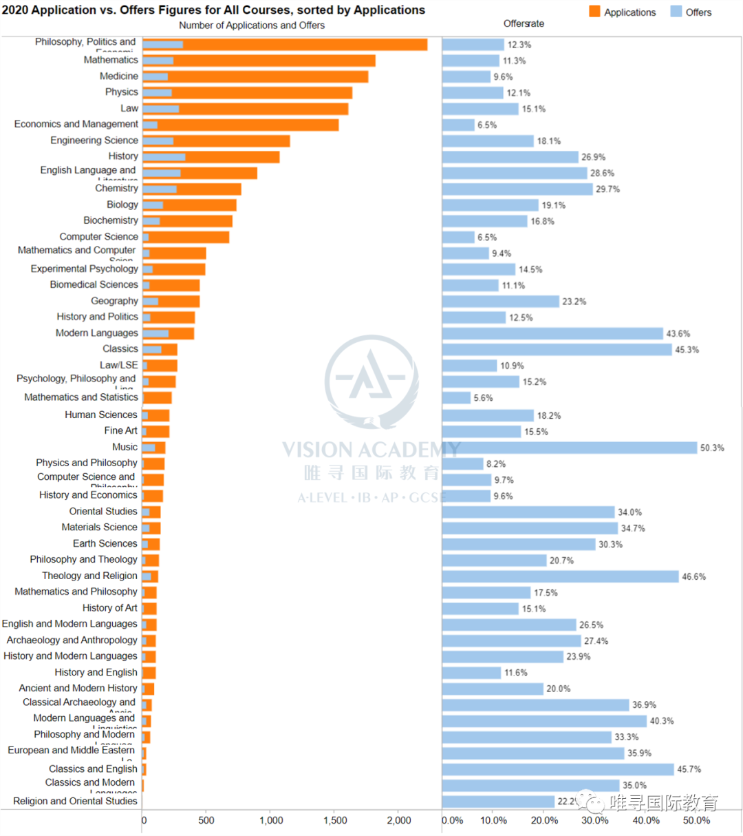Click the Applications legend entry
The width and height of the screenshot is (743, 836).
click(x=623, y=12)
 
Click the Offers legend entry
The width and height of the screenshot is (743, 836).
click(x=691, y=12)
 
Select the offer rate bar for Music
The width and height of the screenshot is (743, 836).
click(x=569, y=448)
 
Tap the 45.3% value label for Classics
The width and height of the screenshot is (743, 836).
click(x=687, y=350)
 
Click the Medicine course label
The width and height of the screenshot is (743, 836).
click(x=119, y=76)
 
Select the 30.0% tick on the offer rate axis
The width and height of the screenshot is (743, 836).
click(x=595, y=820)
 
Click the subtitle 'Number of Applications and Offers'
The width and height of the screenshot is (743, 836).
click(x=252, y=25)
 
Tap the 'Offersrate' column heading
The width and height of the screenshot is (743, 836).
click(x=524, y=23)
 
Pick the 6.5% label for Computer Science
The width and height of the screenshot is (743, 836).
click(x=487, y=238)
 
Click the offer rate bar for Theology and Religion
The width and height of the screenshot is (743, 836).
click(x=560, y=576)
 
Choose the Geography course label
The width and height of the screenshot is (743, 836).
click(x=115, y=301)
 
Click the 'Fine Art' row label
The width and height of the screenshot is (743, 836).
click(x=121, y=430)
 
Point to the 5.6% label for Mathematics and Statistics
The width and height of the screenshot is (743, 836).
click(x=483, y=398)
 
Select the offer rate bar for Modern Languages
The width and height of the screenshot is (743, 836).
click(x=552, y=333)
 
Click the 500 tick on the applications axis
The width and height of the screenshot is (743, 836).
click(x=206, y=820)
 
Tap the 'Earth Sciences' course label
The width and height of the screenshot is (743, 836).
click(x=105, y=543)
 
